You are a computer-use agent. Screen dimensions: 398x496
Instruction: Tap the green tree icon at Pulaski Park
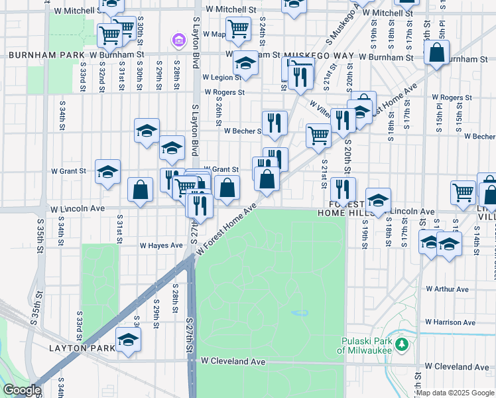401,344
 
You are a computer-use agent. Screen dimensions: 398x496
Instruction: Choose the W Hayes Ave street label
160,245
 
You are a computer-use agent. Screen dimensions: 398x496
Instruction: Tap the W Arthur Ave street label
447,289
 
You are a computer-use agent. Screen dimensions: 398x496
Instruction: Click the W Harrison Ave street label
450,322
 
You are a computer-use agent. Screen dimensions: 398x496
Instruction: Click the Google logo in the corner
22,390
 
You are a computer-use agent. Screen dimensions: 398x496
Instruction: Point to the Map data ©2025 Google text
455,393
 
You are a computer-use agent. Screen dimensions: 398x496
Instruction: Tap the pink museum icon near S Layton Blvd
178,41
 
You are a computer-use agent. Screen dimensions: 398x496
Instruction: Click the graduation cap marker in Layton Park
128,340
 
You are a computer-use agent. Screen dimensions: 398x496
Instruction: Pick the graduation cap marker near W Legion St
245,64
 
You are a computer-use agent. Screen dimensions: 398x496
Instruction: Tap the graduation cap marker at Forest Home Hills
378,200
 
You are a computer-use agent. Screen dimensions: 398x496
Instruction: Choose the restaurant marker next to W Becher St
274,123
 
